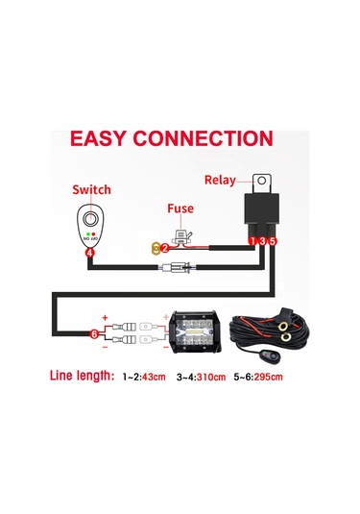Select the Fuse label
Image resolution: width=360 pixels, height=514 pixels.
182,206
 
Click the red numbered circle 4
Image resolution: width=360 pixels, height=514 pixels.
89,253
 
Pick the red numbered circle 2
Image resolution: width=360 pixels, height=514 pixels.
164,247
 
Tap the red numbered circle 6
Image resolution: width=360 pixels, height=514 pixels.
93,333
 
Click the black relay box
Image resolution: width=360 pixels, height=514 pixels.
261,212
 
